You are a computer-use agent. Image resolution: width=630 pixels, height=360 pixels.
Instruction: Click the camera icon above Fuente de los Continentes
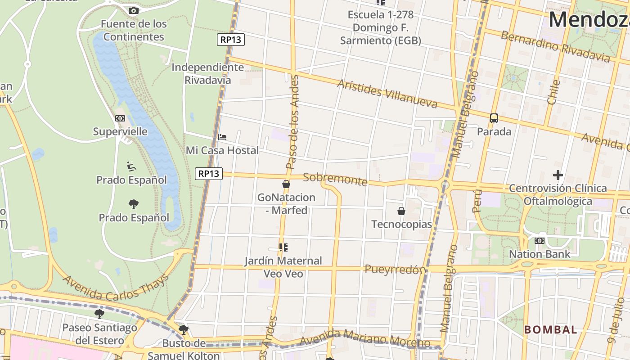pyautogui.click(x=133, y=10)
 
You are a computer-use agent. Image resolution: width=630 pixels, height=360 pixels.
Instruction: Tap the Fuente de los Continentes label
pyautogui.click(x=134, y=30)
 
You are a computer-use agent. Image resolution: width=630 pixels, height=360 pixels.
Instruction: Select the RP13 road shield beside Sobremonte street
pyautogui.click(x=209, y=173)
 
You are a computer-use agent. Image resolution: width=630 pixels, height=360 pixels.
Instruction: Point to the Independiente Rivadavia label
pyautogui.click(x=207, y=74)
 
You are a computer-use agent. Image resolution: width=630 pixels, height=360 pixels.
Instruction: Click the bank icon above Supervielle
pyautogui.click(x=120, y=118)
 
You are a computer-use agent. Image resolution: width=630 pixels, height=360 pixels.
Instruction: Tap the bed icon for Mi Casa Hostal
pyautogui.click(x=222, y=137)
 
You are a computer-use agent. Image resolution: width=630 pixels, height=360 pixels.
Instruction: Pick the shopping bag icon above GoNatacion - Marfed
pyautogui.click(x=286, y=184)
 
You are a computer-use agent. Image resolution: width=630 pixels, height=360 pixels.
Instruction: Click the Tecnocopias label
pyautogui.click(x=401, y=224)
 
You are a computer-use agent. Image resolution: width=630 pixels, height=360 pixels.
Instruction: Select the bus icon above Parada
pyautogui.click(x=494, y=118)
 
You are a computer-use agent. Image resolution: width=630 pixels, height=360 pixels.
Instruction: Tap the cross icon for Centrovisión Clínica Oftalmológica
pyautogui.click(x=558, y=175)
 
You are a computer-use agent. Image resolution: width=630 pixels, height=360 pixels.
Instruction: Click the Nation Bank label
pyautogui.click(x=539, y=254)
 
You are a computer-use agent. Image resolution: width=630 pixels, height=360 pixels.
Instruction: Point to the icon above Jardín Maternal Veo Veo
pyautogui.click(x=283, y=247)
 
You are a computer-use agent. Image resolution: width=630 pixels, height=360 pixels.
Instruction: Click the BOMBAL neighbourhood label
pyautogui.click(x=550, y=329)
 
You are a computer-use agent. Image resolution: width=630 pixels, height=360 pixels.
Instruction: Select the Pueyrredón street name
pyautogui.click(x=395, y=270)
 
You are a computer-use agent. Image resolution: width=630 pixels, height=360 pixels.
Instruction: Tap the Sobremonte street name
pyautogui.click(x=335, y=179)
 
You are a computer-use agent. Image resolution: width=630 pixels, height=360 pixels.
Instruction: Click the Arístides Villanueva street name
pyautogui.click(x=387, y=94)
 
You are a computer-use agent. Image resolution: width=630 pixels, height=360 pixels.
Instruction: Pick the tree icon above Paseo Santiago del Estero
pyautogui.click(x=99, y=314)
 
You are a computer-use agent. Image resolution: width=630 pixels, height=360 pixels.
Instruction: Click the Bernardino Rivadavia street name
pyautogui.click(x=555, y=46)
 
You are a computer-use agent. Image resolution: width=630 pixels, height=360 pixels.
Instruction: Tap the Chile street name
pyautogui.click(x=553, y=92)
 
